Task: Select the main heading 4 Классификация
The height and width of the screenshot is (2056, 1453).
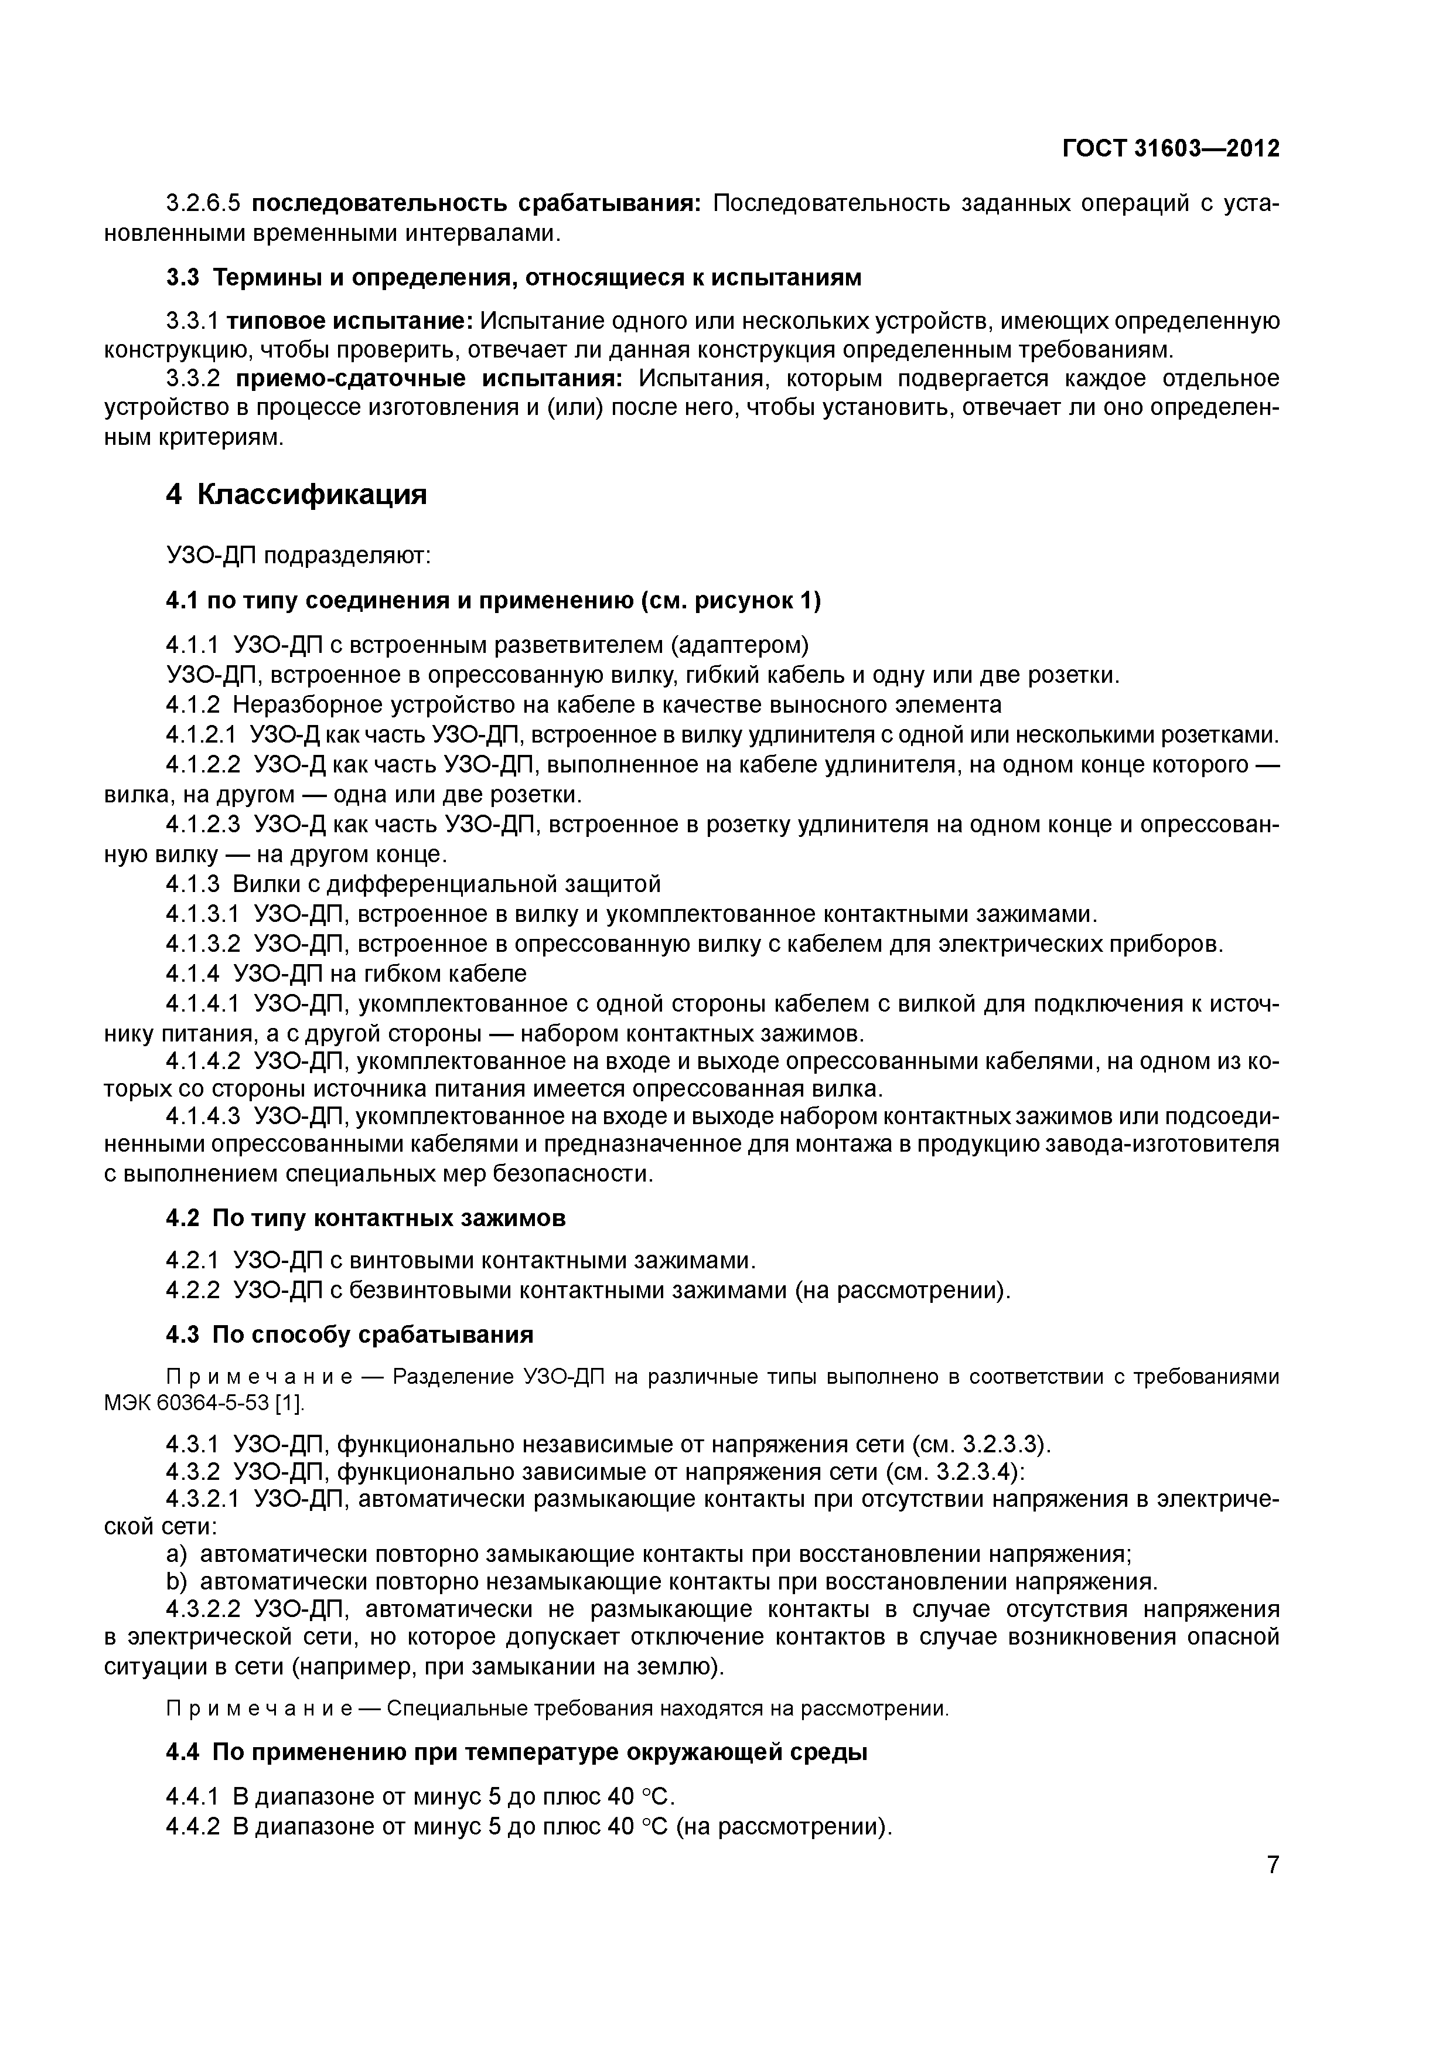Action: click(296, 494)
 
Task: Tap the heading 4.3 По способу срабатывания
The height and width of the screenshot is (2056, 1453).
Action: click(349, 1335)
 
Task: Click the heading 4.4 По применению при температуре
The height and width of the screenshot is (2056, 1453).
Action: click(517, 1752)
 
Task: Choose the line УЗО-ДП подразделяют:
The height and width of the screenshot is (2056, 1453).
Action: click(299, 556)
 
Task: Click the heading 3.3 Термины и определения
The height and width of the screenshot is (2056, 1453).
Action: click(513, 278)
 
